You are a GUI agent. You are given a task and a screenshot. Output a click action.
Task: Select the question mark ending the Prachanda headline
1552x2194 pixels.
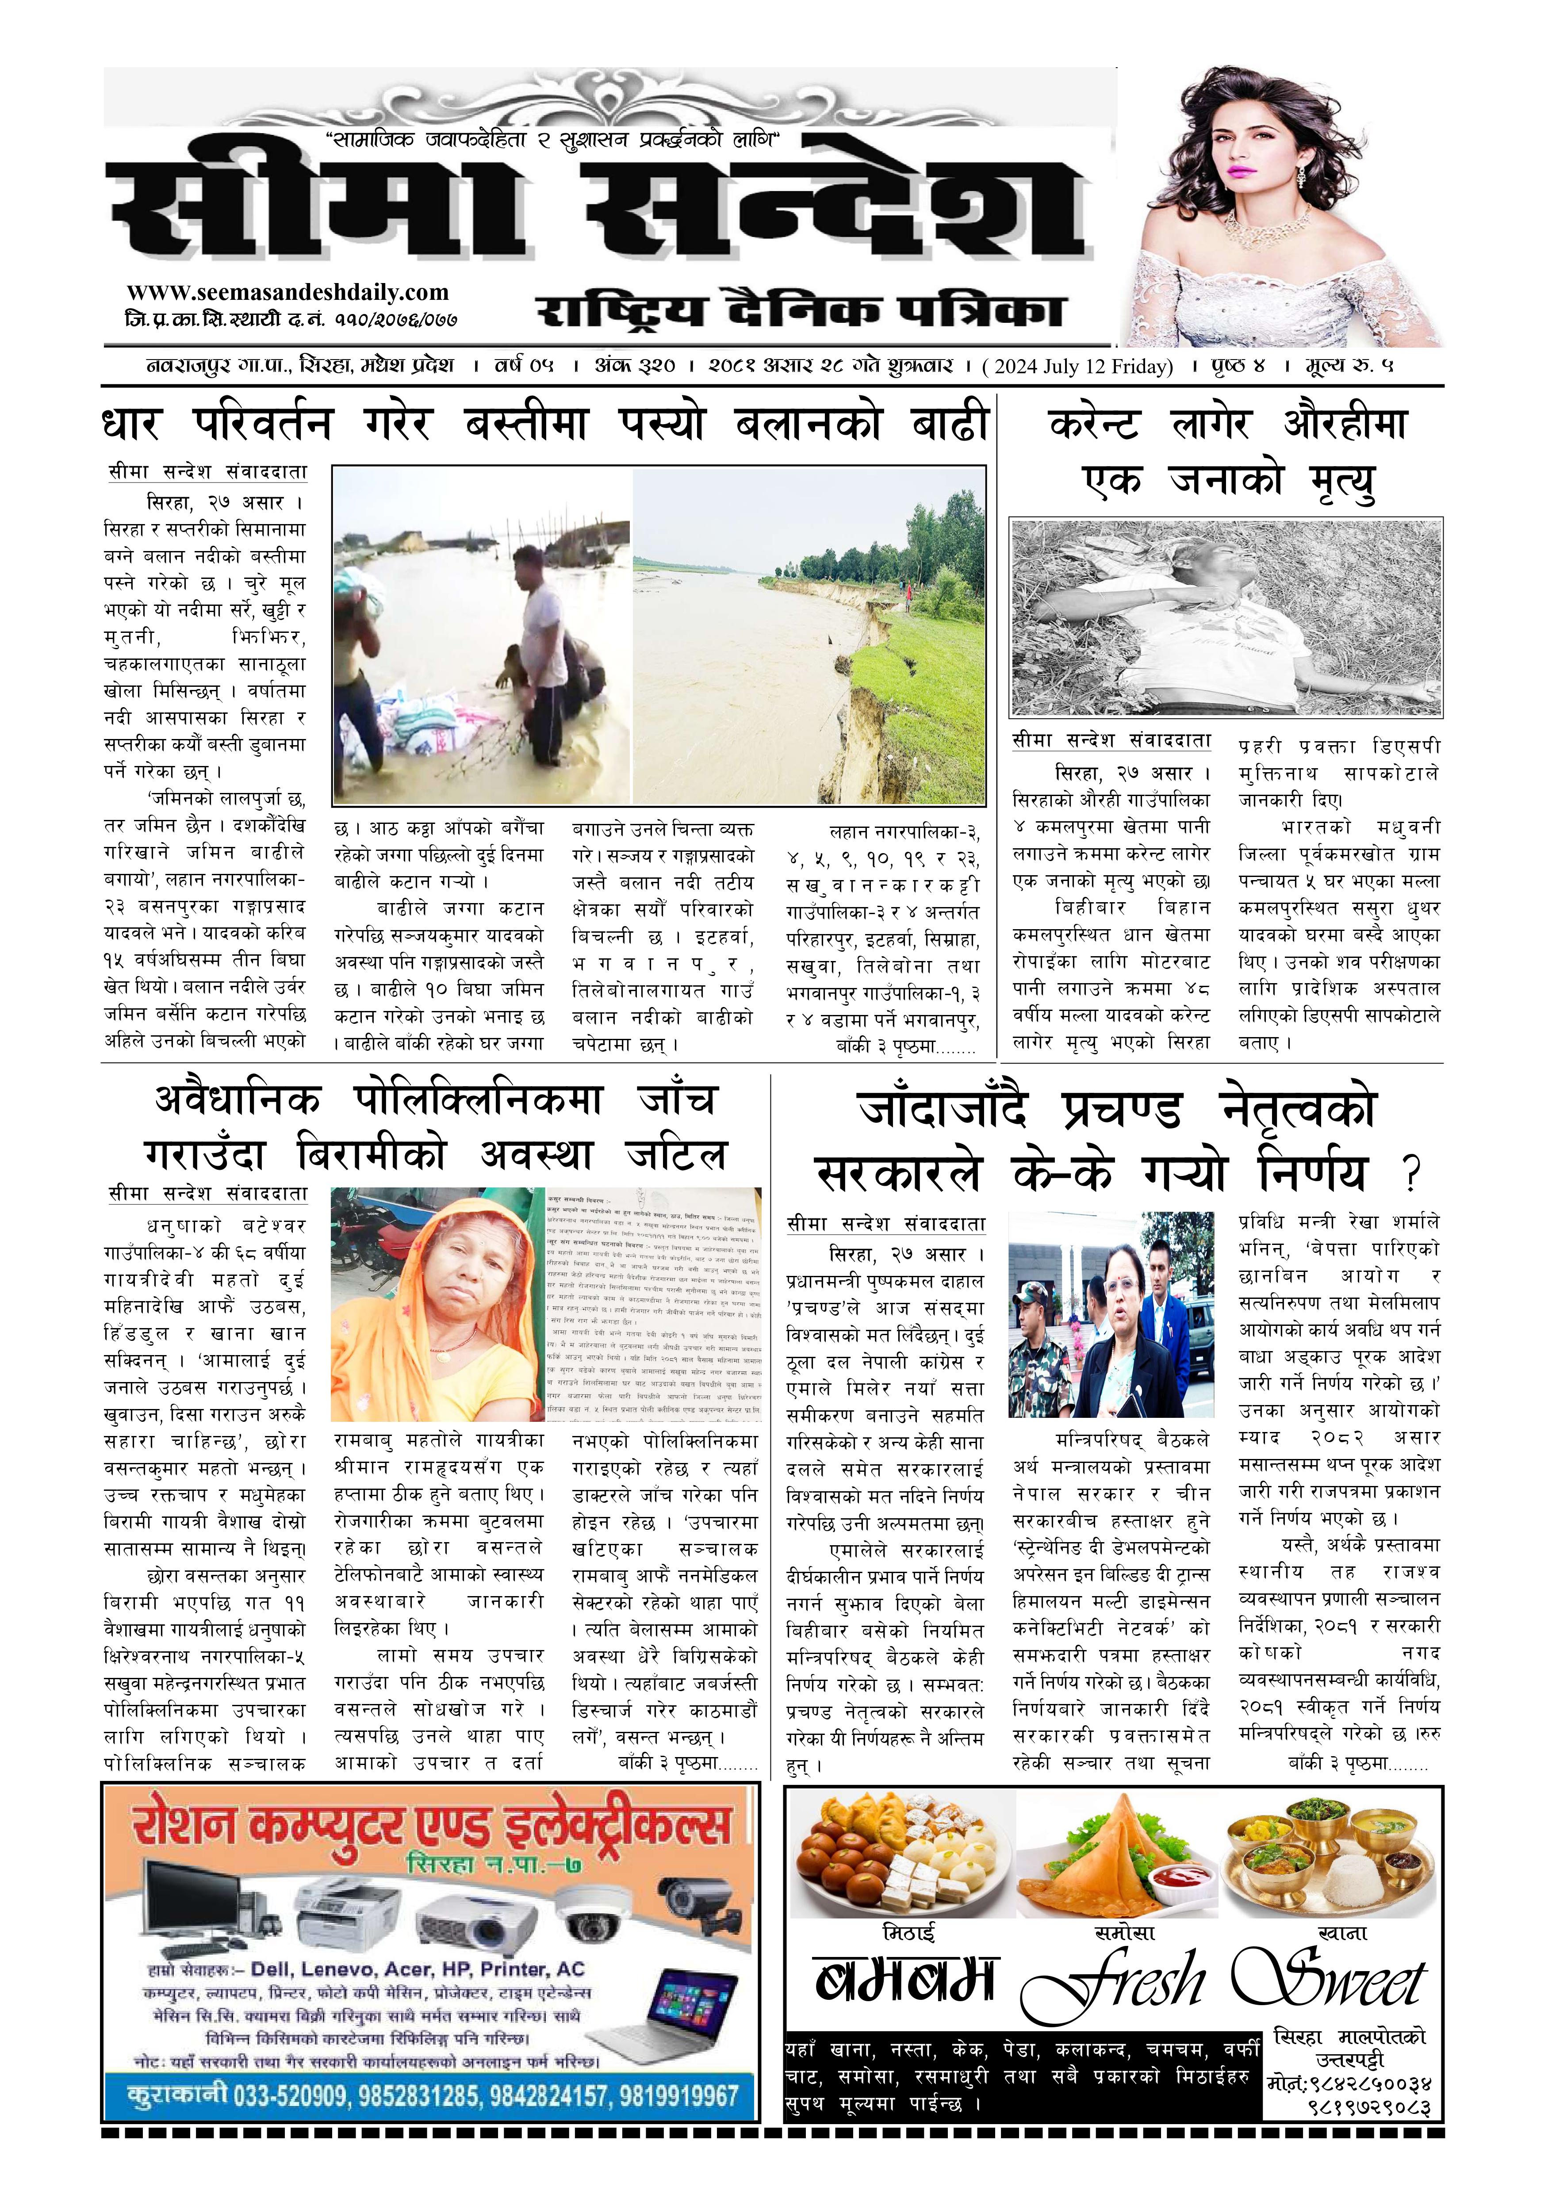click(1410, 1172)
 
